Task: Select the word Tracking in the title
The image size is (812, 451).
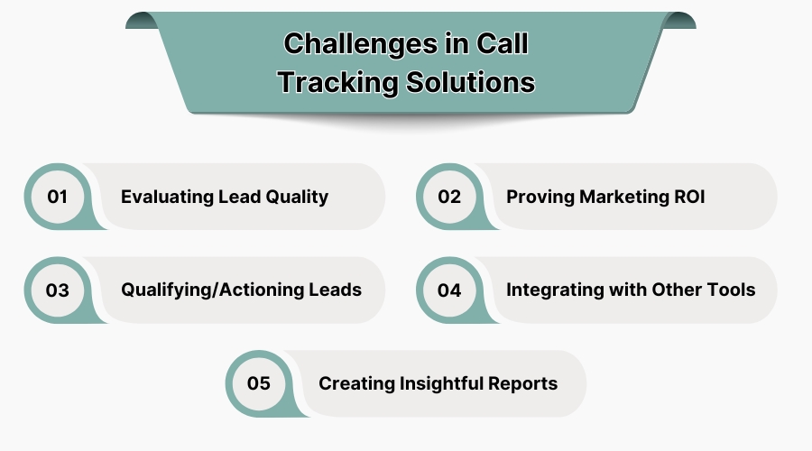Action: (x=333, y=82)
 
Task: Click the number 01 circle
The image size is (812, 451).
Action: (x=58, y=196)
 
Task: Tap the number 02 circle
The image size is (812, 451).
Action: (x=449, y=196)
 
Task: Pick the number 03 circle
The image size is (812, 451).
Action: (x=58, y=290)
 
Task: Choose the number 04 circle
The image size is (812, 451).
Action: (x=449, y=290)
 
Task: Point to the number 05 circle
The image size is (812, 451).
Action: (x=258, y=383)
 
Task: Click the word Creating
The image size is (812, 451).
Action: (x=352, y=383)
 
